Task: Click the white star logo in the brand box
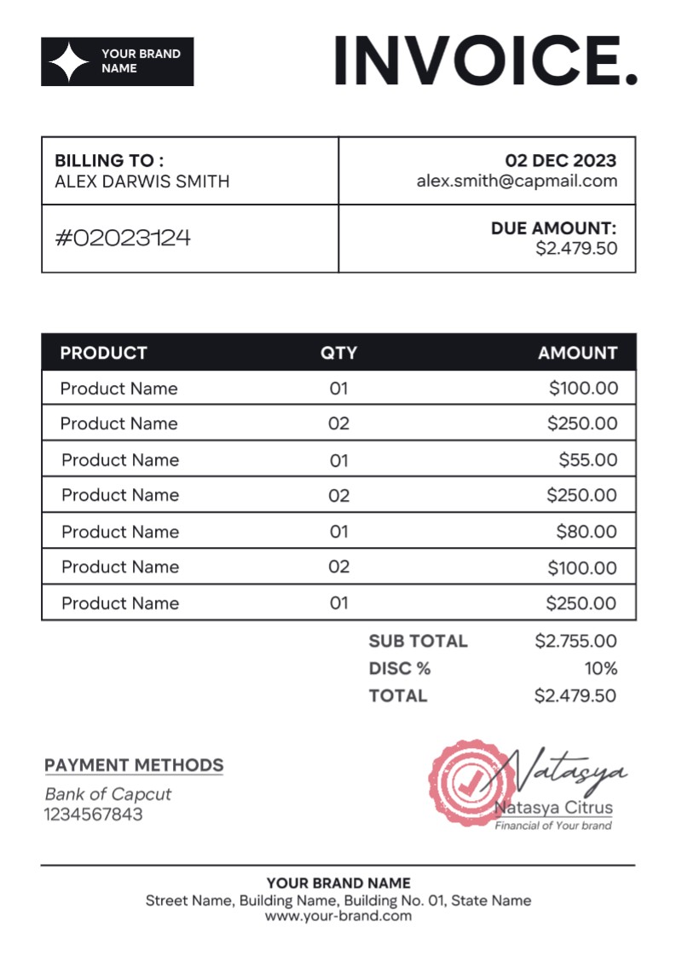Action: [x=69, y=61]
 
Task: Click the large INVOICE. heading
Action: [x=485, y=61]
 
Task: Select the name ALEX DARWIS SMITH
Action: [x=142, y=181]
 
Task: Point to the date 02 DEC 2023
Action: [x=560, y=161]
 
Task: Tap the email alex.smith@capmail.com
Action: [x=517, y=181]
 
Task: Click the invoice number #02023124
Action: [x=123, y=238]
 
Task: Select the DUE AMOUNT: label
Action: [x=553, y=228]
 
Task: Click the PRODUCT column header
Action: [x=103, y=353]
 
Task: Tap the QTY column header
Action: [x=338, y=353]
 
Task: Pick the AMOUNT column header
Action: [x=577, y=353]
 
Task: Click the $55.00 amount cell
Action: [x=587, y=460]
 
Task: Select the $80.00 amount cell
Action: [x=586, y=532]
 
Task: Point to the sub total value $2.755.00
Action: [x=575, y=641]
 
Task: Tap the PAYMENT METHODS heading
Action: [x=134, y=765]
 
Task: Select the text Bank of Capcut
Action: [x=107, y=794]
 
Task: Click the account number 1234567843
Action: [x=94, y=815]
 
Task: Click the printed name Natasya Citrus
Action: [x=553, y=808]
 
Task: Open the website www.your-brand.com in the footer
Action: [x=338, y=916]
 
